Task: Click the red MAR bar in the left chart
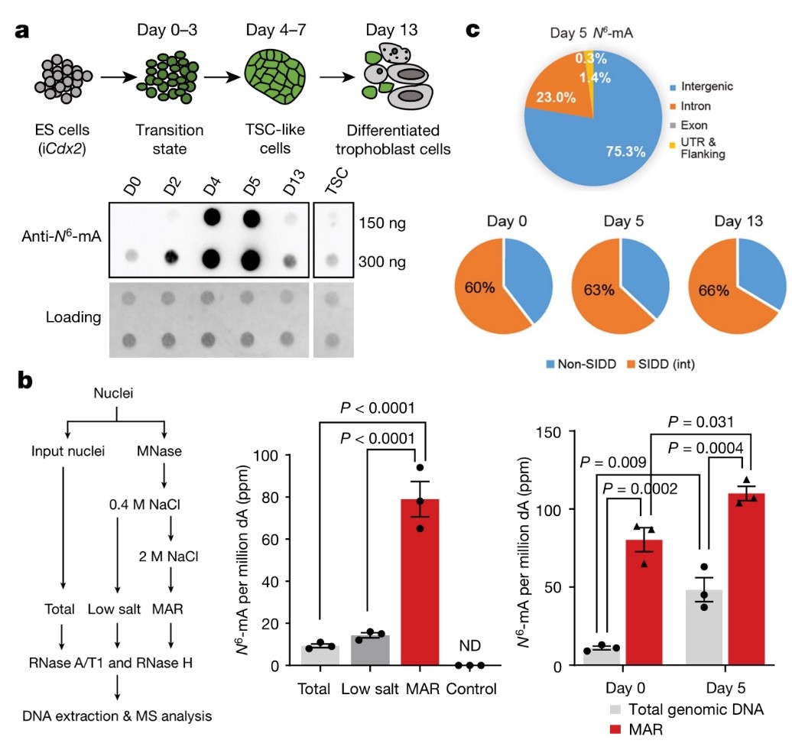point(420,582)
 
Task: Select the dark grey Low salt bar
point(370,650)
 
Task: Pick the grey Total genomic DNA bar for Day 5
point(704,627)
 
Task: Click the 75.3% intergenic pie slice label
point(626,151)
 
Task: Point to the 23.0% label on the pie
point(556,97)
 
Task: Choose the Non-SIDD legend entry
point(581,364)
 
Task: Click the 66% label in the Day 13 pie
point(713,291)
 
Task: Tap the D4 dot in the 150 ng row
point(213,218)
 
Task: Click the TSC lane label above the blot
point(336,180)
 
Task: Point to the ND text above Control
point(469,645)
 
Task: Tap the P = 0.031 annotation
point(700,422)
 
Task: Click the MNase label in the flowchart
point(159,451)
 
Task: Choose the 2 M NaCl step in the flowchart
point(168,556)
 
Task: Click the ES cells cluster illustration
point(63,79)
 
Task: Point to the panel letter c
point(472,31)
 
